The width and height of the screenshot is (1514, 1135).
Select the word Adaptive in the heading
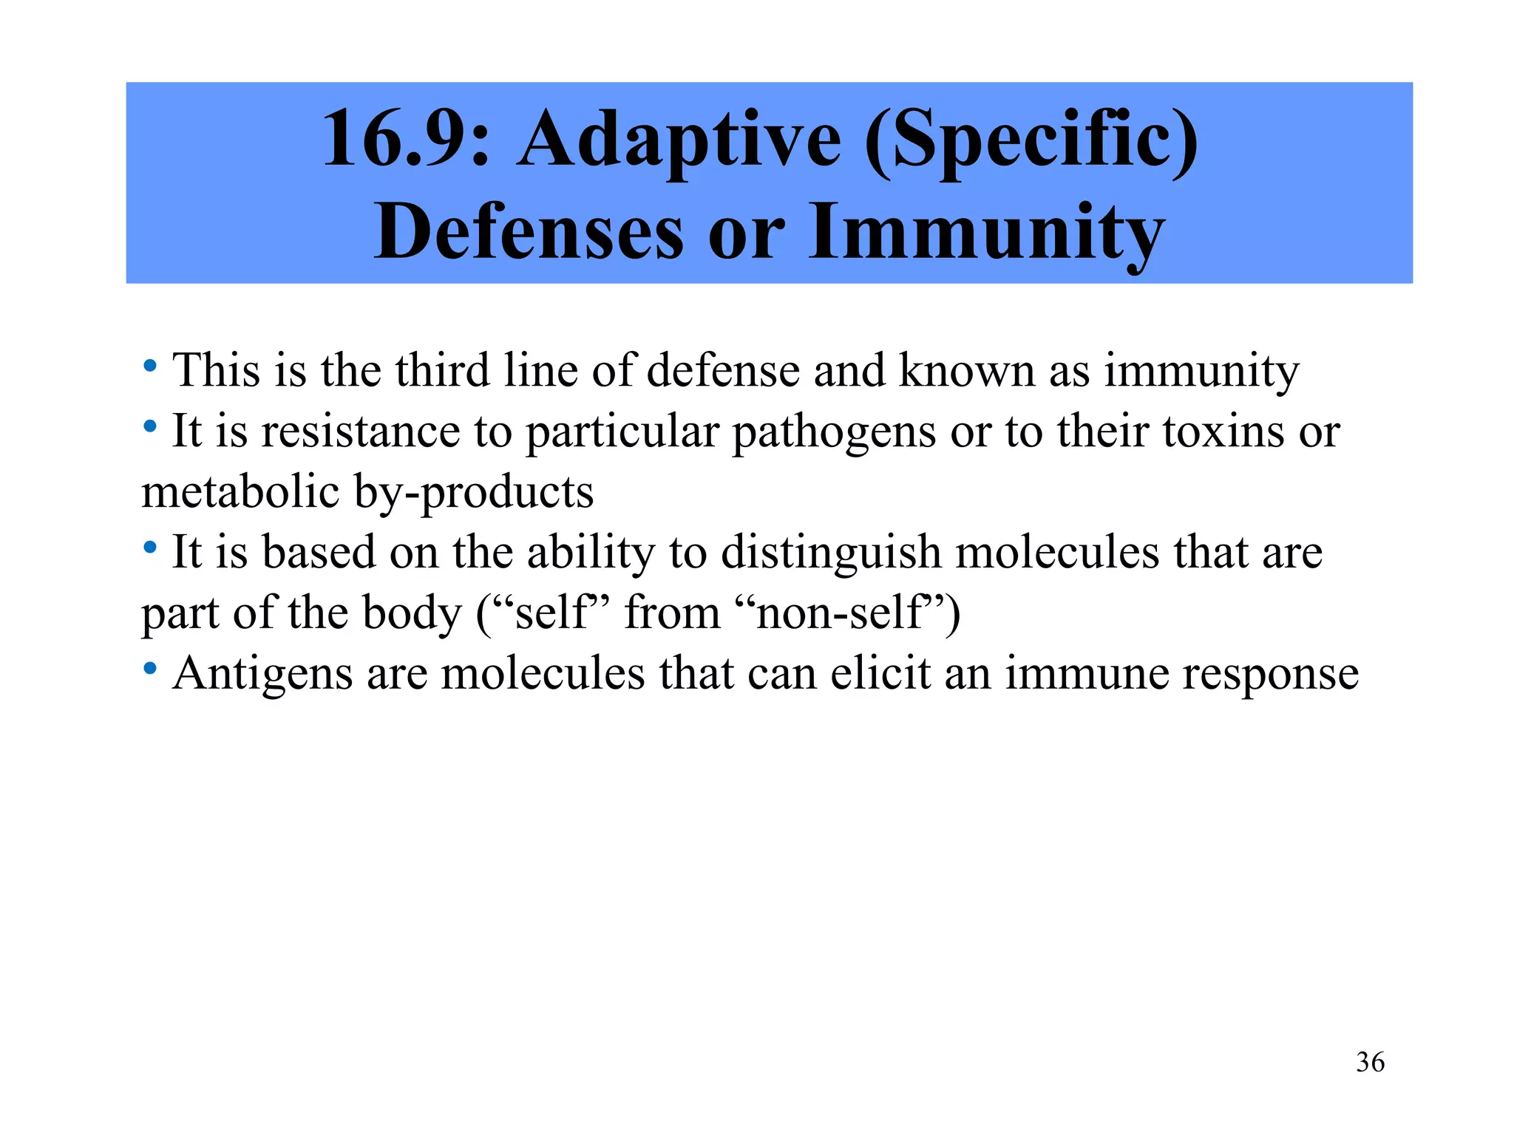click(679, 139)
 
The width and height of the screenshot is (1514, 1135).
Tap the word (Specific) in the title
click(1031, 139)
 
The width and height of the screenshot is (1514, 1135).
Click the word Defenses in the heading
click(528, 232)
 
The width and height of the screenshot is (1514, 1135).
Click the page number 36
click(1370, 1063)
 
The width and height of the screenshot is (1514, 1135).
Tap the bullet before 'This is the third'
click(150, 366)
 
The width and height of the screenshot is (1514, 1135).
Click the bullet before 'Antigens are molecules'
click(150, 669)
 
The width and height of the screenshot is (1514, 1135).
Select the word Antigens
click(262, 674)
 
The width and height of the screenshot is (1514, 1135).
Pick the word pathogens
click(834, 432)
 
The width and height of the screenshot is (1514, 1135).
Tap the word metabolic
click(241, 492)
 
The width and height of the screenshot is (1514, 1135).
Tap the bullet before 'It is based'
click(150, 548)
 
